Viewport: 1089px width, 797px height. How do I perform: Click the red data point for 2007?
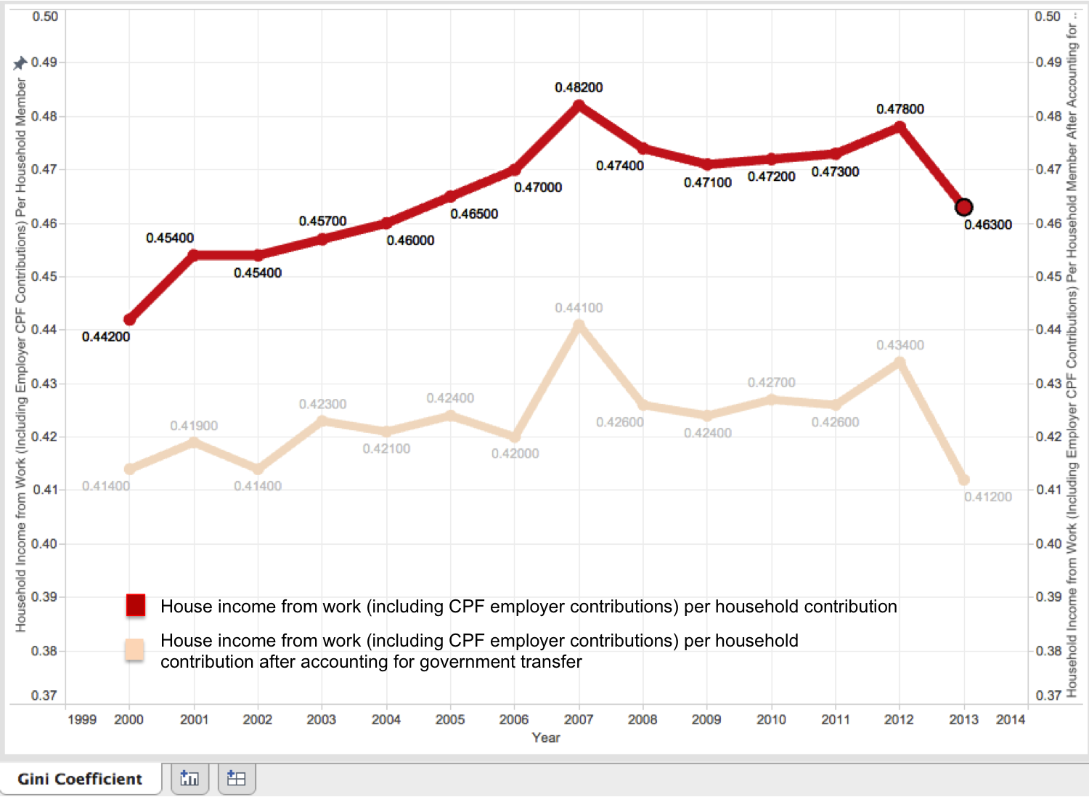click(579, 105)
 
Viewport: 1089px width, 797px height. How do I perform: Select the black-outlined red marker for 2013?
click(963, 207)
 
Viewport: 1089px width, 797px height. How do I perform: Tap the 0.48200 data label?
click(579, 88)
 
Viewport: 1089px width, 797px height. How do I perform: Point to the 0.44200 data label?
click(106, 337)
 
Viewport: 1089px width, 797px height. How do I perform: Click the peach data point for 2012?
click(900, 362)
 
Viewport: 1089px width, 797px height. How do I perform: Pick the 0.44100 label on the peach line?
click(579, 308)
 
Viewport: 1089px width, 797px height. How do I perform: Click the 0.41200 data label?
click(987, 497)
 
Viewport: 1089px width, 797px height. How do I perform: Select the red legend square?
click(136, 605)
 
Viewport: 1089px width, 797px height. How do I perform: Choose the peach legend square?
click(135, 650)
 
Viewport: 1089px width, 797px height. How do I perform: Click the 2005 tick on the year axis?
click(450, 719)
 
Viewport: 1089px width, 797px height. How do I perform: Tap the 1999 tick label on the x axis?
click(82, 719)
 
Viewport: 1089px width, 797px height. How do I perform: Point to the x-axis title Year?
click(546, 737)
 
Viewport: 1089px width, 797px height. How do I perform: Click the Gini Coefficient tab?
click(80, 779)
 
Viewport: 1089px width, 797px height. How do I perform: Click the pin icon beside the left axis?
click(20, 63)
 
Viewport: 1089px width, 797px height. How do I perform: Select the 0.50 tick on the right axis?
click(1048, 16)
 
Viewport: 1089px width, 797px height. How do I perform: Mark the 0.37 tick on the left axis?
click(44, 695)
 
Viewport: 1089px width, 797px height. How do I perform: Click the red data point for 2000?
click(130, 320)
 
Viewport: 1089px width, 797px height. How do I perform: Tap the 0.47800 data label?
click(900, 110)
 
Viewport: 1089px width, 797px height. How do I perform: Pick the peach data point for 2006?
click(515, 437)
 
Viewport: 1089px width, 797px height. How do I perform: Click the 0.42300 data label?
click(322, 404)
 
